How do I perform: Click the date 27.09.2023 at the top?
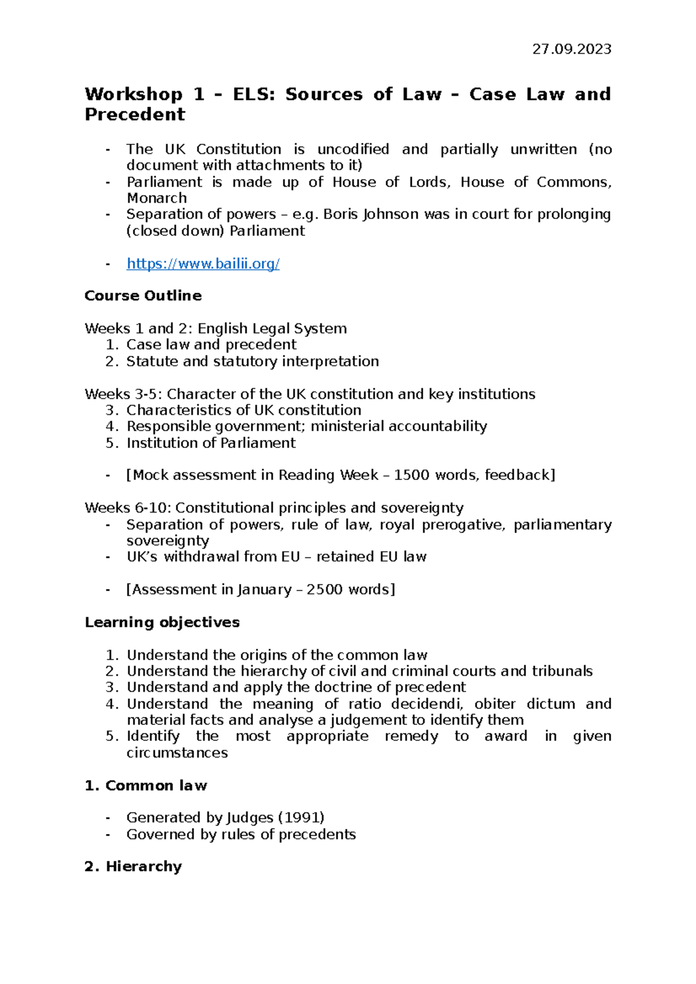pos(571,49)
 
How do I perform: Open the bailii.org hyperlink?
pos(203,264)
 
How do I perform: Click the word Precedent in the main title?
pos(135,115)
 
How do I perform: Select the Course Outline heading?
pos(143,296)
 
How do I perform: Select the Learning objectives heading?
pos(162,622)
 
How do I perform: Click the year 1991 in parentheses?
pos(301,818)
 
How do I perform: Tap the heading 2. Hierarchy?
pos(133,866)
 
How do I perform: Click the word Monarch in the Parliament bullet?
pos(157,198)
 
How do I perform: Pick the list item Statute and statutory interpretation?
pos(252,362)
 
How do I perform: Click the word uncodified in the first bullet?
pos(353,150)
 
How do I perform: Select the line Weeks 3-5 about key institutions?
pos(310,394)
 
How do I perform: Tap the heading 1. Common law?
pos(146,786)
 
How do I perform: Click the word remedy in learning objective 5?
pos(411,737)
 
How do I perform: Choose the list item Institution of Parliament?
pos(211,443)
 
